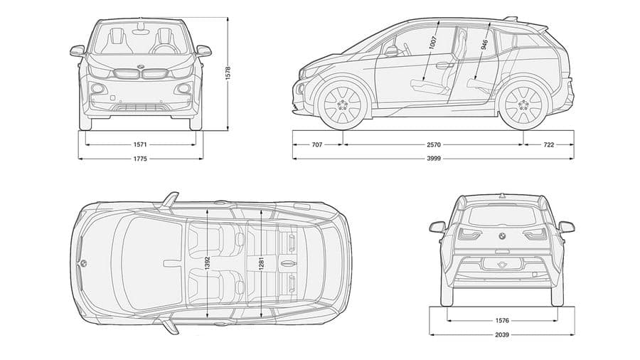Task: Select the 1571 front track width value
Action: click(140, 144)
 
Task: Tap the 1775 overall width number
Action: click(140, 159)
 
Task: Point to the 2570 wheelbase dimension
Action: click(434, 144)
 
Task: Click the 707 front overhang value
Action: click(317, 144)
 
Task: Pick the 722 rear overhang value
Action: click(549, 144)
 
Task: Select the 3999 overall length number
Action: click(434, 159)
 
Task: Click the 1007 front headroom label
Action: click(432, 43)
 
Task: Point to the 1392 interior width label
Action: click(208, 263)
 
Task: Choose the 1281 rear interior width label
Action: click(261, 263)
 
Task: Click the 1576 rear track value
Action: click(502, 321)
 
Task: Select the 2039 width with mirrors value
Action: click(502, 334)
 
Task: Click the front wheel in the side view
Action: click(343, 105)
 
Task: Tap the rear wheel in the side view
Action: click(523, 105)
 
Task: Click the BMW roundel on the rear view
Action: click(501, 235)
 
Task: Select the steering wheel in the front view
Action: click(163, 48)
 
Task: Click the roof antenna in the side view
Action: click(511, 18)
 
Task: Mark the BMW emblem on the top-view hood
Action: click(83, 263)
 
